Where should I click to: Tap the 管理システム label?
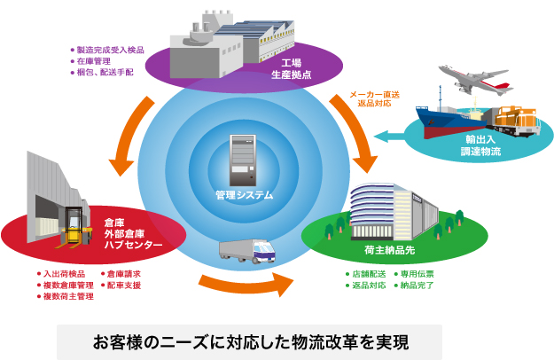tap(244, 195)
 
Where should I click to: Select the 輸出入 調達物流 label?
tap(480, 146)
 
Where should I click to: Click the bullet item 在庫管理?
tap(97, 61)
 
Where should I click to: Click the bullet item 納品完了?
tap(419, 286)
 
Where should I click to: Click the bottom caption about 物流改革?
tap(249, 340)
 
